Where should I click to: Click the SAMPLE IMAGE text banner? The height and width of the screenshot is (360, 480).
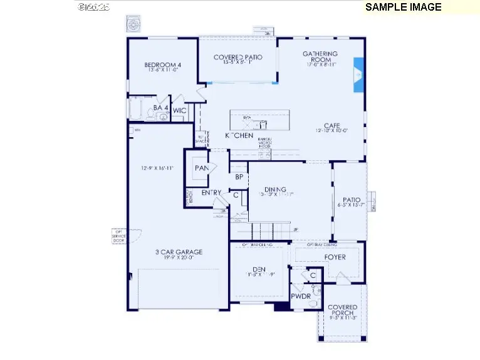click(403, 8)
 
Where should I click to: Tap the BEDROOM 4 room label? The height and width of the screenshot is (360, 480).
click(163, 64)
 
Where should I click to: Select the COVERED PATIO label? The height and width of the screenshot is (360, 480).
click(237, 58)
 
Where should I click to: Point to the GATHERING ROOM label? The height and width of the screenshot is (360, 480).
click(320, 54)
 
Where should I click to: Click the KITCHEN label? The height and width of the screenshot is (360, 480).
click(239, 135)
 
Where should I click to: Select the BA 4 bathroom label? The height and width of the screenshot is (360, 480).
click(160, 108)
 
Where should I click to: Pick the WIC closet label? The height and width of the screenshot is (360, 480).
click(180, 111)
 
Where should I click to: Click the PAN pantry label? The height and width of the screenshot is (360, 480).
click(201, 168)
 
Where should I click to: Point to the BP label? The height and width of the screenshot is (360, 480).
click(239, 177)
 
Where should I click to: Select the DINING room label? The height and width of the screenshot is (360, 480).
click(275, 189)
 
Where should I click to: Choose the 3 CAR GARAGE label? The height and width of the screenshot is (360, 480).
click(179, 252)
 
